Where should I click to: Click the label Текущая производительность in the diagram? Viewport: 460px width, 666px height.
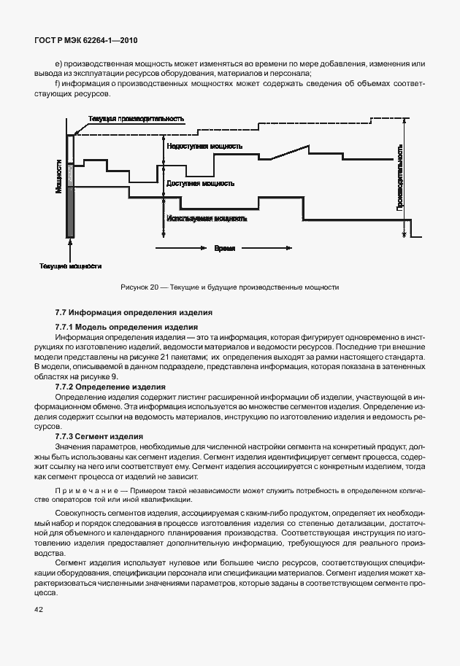coord(135,119)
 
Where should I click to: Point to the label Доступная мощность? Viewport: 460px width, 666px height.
coord(200,183)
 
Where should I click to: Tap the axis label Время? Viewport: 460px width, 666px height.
coord(224,248)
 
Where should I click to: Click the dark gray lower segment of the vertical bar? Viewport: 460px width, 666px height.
coord(70,212)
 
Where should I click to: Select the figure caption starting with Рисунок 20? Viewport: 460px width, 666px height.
coord(229,287)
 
